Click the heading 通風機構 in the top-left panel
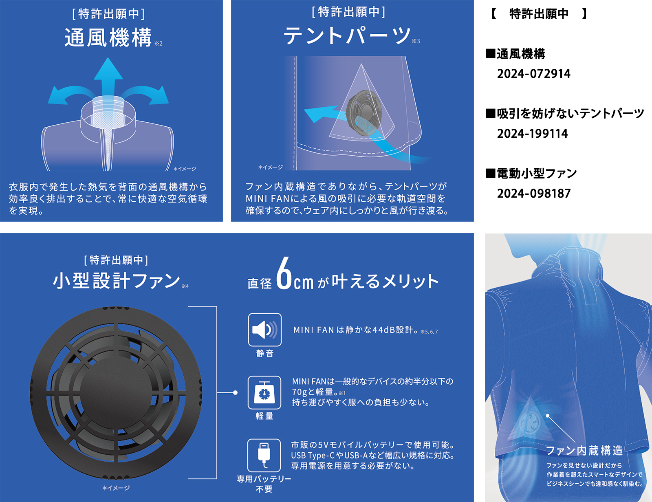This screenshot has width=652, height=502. [x=108, y=38]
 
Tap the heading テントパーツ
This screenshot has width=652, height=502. [x=347, y=35]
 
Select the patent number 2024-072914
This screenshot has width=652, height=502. [x=533, y=74]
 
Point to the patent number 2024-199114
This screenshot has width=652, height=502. [x=532, y=134]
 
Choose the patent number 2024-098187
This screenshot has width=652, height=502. [x=533, y=194]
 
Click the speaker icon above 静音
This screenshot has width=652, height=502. [x=264, y=329]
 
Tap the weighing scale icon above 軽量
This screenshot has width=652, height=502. [x=264, y=392]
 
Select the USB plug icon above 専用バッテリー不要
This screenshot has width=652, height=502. [x=264, y=455]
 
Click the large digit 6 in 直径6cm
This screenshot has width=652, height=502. [x=284, y=274]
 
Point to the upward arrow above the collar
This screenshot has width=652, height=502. [x=108, y=77]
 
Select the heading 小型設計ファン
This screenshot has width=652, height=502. [x=117, y=281]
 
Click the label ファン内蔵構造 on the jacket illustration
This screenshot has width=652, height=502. [x=584, y=450]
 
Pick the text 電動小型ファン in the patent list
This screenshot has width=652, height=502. [x=536, y=174]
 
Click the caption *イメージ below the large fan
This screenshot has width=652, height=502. [x=116, y=488]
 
